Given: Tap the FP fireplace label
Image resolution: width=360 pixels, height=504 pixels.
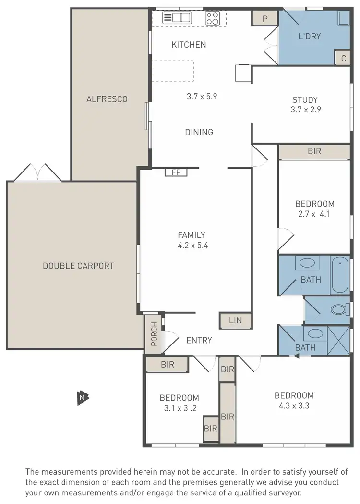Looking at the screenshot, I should point(176,172).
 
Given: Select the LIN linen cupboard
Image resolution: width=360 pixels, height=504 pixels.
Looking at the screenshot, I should point(235,320).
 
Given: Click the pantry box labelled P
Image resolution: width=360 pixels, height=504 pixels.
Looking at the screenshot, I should point(264,19).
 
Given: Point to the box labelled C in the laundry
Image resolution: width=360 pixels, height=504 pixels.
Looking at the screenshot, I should point(343,58).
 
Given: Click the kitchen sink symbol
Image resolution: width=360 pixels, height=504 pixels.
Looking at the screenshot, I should point(176,18).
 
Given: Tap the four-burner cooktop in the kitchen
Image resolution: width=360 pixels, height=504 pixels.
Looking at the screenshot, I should point(212,18).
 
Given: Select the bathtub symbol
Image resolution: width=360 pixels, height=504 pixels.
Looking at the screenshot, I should point(340,275).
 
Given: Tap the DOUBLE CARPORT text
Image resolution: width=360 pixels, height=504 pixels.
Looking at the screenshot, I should point(78,266).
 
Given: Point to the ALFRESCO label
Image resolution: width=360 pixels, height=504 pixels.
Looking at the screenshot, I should point(107,99).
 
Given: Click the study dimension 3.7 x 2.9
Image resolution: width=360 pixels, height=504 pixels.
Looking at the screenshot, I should point(305,109).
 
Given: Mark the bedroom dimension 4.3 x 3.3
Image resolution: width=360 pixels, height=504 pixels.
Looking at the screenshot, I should point(294,406).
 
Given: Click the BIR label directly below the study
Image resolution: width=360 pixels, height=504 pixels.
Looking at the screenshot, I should point(314,151).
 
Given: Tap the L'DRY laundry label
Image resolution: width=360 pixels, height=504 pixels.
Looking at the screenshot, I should point(310,36).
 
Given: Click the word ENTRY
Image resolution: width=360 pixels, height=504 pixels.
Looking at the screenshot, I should point(199,340).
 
